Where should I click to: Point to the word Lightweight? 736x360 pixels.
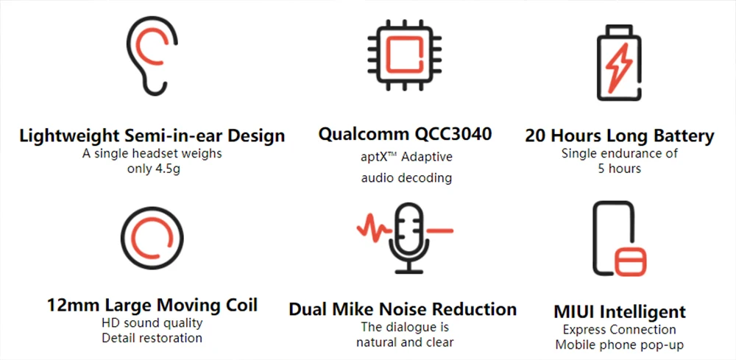point(70,136)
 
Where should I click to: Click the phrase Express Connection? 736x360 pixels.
point(619,330)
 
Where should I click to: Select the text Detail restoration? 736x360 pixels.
point(152,338)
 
